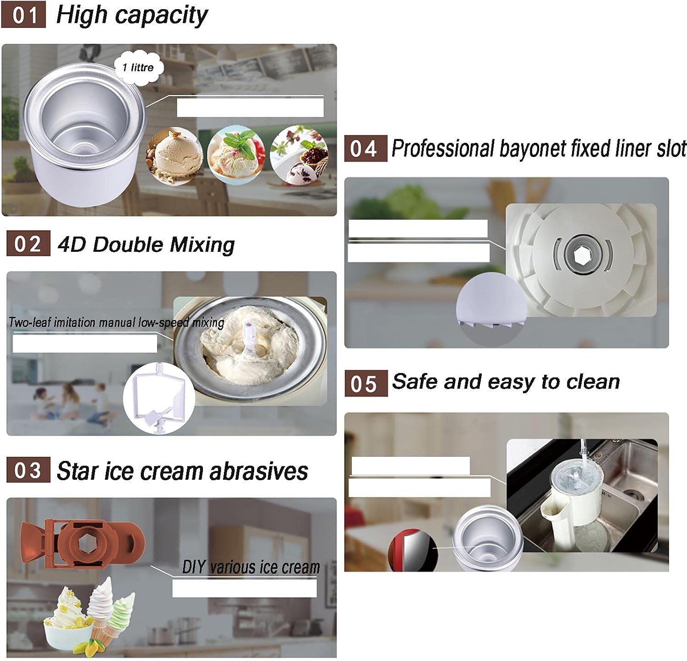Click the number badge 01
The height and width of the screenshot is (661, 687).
[24, 15]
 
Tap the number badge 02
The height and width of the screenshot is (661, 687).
[28, 244]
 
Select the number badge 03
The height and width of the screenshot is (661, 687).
[28, 470]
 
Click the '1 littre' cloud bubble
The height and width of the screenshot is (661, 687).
[138, 68]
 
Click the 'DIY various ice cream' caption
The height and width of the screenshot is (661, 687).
[251, 568]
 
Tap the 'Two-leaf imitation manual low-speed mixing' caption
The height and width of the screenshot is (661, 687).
[116, 323]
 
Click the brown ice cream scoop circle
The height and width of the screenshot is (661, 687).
[174, 155]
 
